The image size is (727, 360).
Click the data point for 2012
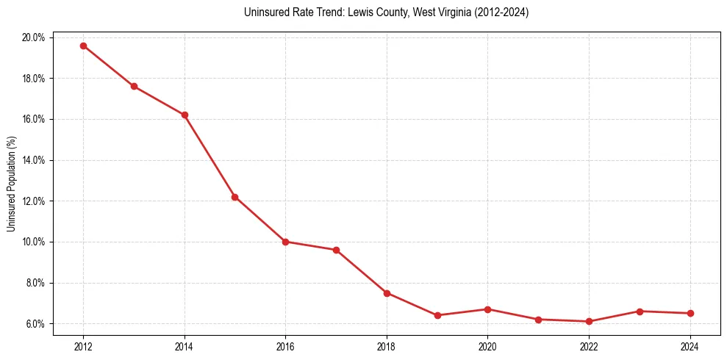point(83,46)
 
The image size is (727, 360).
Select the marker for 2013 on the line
point(134,86)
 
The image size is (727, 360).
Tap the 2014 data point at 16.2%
point(185,115)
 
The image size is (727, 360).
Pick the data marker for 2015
point(234,197)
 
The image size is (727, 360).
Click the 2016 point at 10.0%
point(285,242)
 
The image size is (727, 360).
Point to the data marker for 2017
point(336,250)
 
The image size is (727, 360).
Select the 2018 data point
point(387,293)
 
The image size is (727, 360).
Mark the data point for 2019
point(437,315)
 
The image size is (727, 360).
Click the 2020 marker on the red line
point(487,309)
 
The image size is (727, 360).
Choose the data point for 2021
point(538,320)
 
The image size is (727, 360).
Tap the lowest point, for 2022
point(589,321)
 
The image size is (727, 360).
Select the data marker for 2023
point(640,312)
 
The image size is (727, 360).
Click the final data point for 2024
point(690,313)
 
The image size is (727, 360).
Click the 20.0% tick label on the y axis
point(35,37)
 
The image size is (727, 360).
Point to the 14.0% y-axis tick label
point(35,160)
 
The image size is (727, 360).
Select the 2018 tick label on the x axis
point(387,346)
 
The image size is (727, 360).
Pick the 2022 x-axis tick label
point(589,346)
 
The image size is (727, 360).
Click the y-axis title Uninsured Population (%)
point(11,183)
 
